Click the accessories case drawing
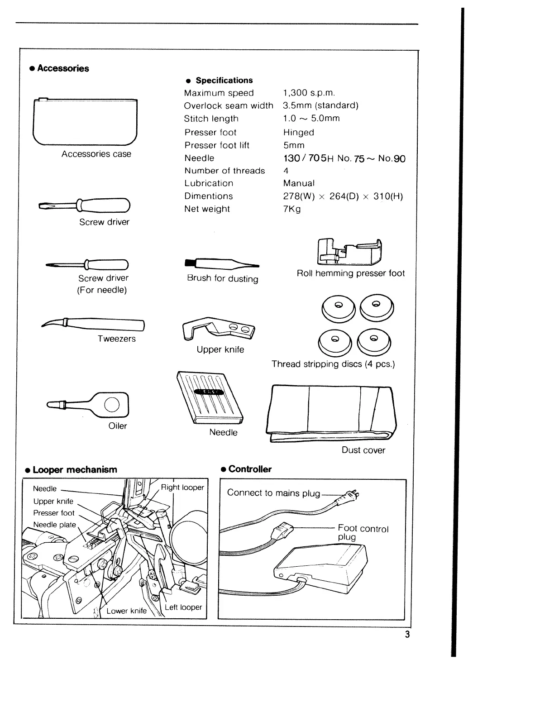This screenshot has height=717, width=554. (85, 121)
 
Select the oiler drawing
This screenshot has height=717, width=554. (91, 404)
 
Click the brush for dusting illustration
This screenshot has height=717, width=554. (221, 264)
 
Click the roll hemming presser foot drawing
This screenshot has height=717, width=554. (350, 252)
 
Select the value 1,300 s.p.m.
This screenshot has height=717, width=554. (309, 93)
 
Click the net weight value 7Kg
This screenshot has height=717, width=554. (292, 209)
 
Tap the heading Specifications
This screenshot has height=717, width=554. (224, 81)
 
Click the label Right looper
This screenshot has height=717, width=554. (182, 488)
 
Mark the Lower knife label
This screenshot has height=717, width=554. (126, 611)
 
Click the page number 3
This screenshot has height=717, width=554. (407, 634)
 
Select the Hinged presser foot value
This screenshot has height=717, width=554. (298, 133)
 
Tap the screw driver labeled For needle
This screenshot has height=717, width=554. (88, 264)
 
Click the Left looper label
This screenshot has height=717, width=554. (183, 607)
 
